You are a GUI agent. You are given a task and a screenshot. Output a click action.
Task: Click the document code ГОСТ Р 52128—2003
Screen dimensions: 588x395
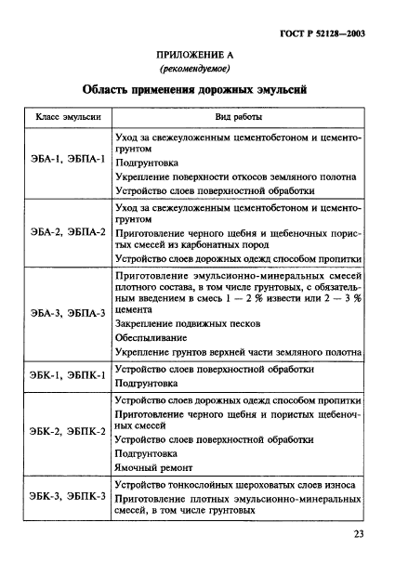pos(333,33)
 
